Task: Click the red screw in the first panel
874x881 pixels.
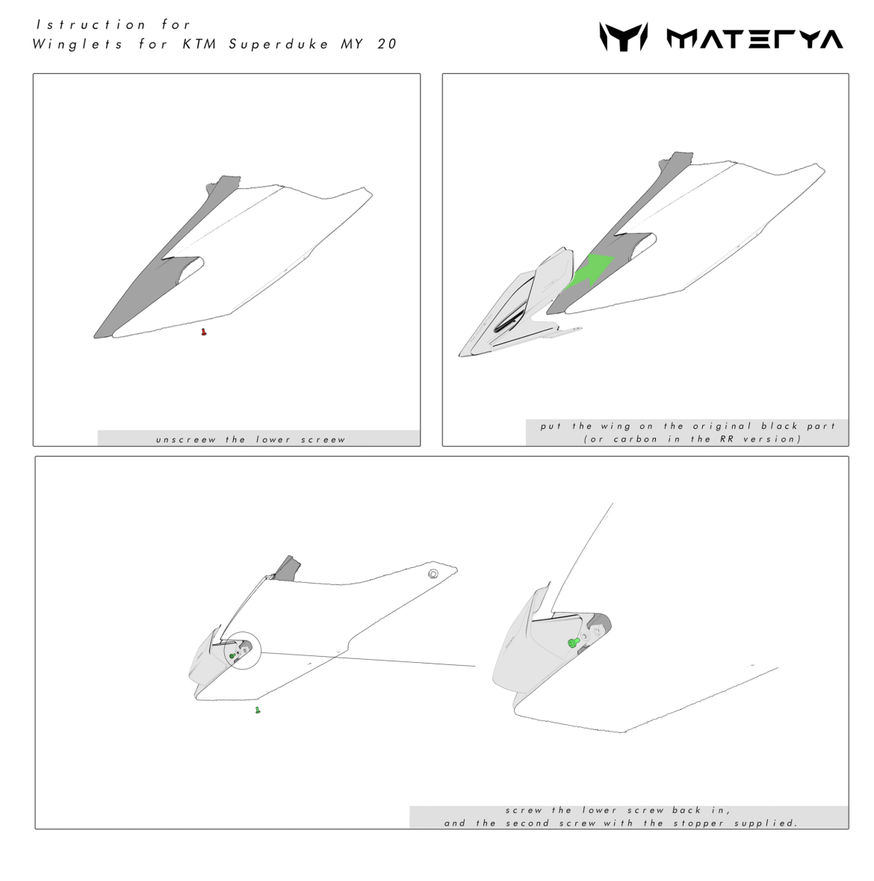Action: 203,332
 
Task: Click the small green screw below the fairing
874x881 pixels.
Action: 258,710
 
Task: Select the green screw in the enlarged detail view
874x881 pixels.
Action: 574,642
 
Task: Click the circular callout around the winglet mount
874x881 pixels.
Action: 242,651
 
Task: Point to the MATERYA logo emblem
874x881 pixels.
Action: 623,37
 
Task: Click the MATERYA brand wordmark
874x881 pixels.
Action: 754,38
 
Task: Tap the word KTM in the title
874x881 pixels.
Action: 199,44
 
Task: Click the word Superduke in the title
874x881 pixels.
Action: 279,44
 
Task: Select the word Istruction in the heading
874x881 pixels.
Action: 91,25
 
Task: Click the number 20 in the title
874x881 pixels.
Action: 387,44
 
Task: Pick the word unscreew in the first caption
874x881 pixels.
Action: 186,439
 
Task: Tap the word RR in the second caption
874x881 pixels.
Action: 727,439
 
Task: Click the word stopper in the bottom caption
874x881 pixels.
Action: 698,823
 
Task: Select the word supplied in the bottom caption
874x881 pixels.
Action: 766,823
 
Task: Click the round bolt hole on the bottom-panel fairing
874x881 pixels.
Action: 433,574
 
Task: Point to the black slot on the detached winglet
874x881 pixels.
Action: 510,321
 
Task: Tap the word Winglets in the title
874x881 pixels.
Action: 77,44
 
